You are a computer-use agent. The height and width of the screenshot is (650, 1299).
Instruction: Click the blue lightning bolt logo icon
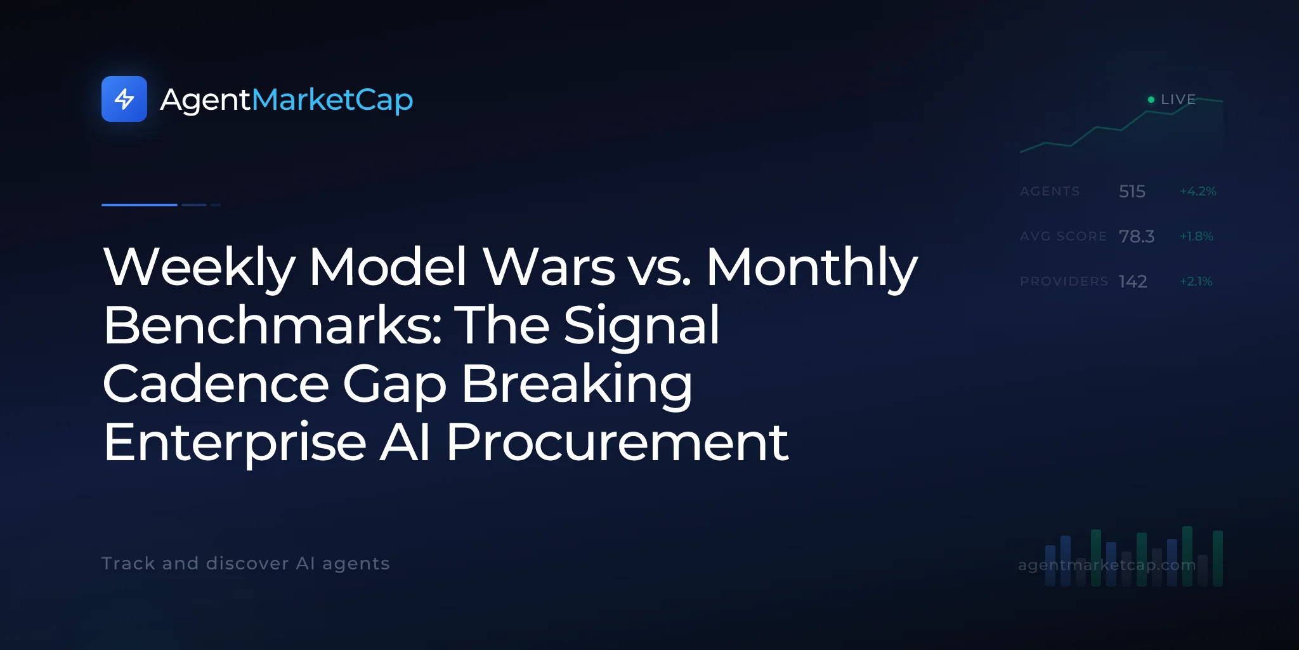tap(124, 99)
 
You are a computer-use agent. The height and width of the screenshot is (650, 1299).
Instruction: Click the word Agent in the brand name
tap(206, 100)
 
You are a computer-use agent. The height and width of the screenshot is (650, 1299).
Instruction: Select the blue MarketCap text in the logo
tap(332, 100)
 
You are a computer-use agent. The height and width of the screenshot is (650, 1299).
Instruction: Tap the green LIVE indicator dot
tap(1151, 100)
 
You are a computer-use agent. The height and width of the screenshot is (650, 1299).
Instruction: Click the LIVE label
tap(1178, 100)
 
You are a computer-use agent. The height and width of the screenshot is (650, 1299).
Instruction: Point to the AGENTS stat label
tap(1050, 191)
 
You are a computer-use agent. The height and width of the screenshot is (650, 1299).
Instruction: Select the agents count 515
tap(1132, 191)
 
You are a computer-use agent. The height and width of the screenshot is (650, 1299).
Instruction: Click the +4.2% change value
tap(1198, 191)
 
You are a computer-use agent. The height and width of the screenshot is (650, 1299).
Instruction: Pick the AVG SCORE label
tap(1063, 236)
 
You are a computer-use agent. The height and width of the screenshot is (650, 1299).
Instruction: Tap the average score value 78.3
tap(1137, 236)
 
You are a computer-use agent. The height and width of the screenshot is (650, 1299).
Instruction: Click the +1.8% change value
tap(1196, 236)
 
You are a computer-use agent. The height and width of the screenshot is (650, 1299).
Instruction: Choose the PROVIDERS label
tap(1064, 281)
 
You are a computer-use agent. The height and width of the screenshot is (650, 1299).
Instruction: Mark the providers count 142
tap(1133, 281)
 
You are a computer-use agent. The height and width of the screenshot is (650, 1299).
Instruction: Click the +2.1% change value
tap(1196, 281)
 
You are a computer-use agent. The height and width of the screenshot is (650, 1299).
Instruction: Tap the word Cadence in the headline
tap(216, 384)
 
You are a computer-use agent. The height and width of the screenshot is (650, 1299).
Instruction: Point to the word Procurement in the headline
tap(617, 442)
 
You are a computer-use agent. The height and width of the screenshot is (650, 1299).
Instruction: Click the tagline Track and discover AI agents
tap(245, 564)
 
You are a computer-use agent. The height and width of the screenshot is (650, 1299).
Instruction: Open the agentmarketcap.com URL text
tap(1107, 565)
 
